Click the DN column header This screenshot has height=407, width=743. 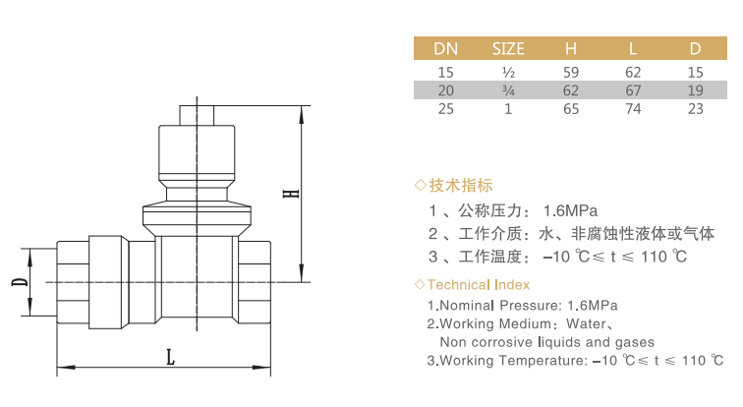pos(445,49)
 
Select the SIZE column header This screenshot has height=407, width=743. pos(508,49)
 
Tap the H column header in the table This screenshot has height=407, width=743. pos(570,49)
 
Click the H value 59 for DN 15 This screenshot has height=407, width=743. pos(571,73)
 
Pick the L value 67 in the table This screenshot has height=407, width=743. pos(633,90)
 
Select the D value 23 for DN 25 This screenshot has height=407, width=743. pos(695,109)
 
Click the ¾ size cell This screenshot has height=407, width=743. pos(508,90)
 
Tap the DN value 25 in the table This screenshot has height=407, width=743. pos(446,109)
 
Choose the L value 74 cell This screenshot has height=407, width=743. pos(633,109)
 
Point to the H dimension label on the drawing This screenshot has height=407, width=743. pos(291,194)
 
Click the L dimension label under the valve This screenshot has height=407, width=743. pos(170,357)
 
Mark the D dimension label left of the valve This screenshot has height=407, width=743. pos(20,282)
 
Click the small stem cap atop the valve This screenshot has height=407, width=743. pos(197,115)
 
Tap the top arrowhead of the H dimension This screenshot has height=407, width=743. pos(302,112)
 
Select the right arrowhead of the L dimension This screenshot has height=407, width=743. pos(261,368)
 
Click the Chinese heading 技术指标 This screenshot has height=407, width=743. pos(461,185)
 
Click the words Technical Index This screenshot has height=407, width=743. pos(478,285)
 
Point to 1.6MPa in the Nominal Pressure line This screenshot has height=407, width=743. pos(593,306)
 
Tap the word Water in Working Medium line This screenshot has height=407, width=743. pos(586,324)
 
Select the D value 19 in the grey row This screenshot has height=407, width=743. pos(695,90)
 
